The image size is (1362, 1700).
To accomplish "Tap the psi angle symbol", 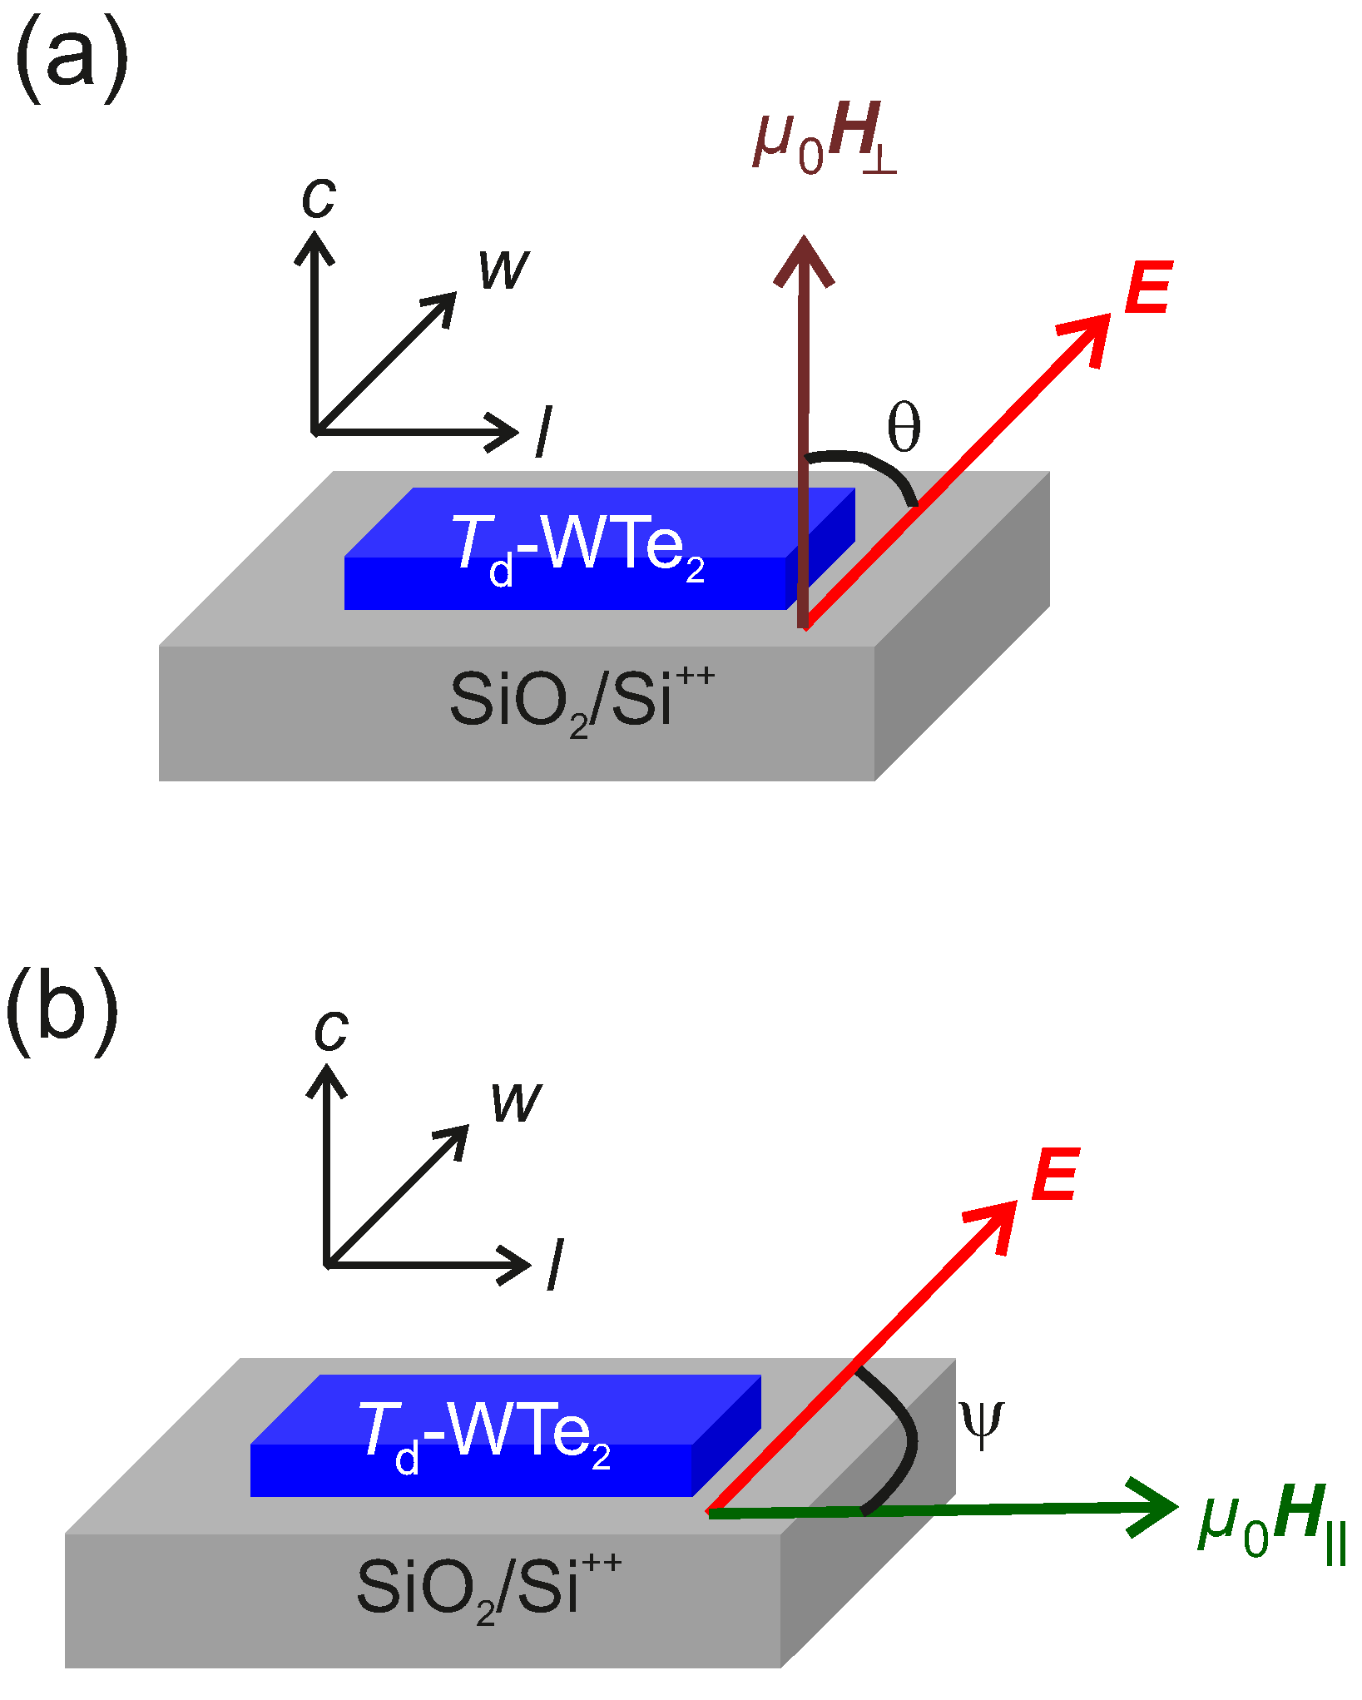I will [x=981, y=1424].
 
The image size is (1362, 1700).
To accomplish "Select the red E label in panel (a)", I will [x=1148, y=288].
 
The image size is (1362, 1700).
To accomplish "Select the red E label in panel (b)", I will [x=1055, y=1175].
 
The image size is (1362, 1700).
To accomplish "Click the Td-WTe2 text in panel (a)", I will [x=578, y=547].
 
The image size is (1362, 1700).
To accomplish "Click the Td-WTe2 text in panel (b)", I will [x=484, y=1434].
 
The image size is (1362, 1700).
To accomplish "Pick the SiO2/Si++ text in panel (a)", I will [x=581, y=701].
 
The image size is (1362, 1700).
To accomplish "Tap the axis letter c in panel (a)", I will [x=319, y=198].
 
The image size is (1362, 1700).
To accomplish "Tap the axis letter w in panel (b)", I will [x=516, y=1102].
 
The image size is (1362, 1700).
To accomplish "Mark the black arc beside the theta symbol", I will [x=874, y=466].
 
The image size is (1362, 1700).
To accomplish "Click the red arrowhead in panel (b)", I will [x=996, y=1223].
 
